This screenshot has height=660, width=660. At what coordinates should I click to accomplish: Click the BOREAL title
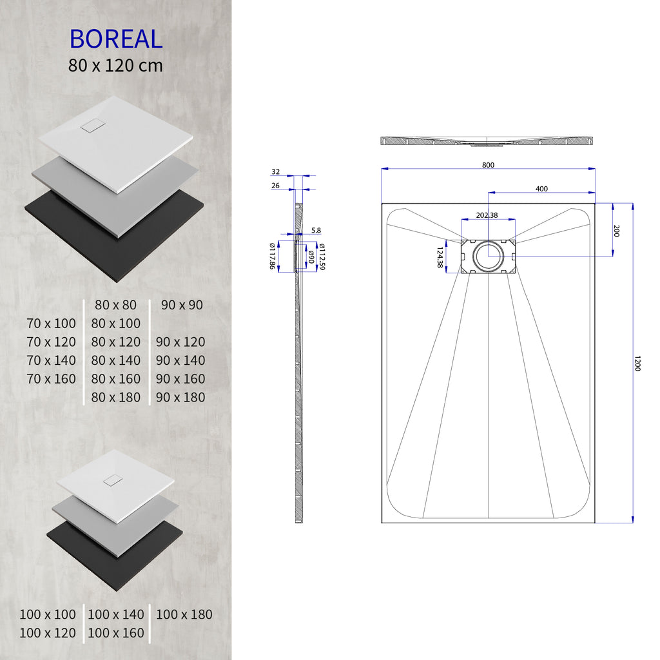point(116,39)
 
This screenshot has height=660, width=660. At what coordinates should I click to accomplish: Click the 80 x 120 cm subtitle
point(116,65)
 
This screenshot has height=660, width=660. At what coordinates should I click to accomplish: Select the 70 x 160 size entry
point(52,378)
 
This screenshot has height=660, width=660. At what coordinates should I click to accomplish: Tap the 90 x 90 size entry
point(182,305)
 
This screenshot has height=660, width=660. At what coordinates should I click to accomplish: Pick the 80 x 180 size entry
point(116,397)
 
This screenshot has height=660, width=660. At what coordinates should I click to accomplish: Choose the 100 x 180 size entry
point(184,614)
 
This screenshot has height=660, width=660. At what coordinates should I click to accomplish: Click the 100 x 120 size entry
point(48,633)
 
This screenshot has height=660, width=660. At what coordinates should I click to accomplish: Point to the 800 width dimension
point(488,165)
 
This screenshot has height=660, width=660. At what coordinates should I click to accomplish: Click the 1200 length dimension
point(637,364)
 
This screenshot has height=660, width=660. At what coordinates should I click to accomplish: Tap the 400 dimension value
point(541,188)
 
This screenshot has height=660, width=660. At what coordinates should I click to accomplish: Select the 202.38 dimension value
point(487,215)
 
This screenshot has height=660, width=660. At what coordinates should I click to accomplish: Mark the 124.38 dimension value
point(440,257)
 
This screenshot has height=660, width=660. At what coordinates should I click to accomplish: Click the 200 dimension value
point(616,231)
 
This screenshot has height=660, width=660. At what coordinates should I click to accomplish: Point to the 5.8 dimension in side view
point(316,230)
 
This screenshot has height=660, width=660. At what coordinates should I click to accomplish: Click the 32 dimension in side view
point(276,171)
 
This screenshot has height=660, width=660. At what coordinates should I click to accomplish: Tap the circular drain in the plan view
point(488,256)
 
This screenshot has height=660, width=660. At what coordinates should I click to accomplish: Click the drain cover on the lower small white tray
point(113,480)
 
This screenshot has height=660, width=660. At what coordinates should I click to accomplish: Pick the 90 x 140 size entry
point(180,360)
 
